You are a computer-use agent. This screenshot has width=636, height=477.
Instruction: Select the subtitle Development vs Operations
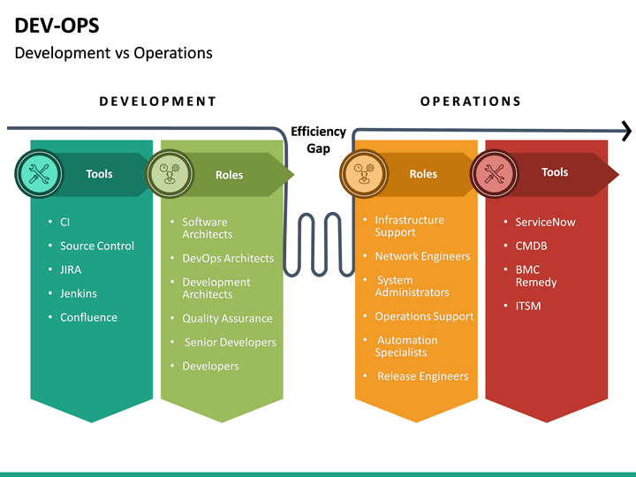113,53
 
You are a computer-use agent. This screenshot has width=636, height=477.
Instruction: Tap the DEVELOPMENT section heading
157,101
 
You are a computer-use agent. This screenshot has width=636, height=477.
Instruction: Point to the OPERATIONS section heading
470,101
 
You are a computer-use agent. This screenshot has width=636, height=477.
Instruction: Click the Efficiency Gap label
318,140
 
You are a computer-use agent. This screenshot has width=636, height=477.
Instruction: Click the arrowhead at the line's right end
626,132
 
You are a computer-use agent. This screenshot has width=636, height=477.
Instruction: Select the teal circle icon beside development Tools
38,173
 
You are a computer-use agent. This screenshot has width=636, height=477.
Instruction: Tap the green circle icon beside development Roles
168,173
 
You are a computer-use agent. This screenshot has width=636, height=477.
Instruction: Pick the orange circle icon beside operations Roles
363,173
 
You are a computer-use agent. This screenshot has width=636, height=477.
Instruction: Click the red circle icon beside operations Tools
495,173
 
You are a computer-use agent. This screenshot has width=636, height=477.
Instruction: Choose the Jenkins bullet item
78,293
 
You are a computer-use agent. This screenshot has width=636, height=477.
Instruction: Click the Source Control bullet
96,246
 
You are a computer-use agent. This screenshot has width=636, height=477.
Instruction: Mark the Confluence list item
88,317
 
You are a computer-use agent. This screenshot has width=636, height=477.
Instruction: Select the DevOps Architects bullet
228,258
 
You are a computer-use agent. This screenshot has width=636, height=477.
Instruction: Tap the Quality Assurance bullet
227,318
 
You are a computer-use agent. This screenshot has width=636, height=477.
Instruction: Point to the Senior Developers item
230,342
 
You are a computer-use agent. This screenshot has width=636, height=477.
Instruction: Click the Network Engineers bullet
422,256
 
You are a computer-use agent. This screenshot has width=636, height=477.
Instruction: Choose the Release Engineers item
422,376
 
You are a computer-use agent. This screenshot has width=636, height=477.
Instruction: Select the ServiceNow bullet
545,222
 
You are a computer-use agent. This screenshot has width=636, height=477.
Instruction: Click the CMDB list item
531,246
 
